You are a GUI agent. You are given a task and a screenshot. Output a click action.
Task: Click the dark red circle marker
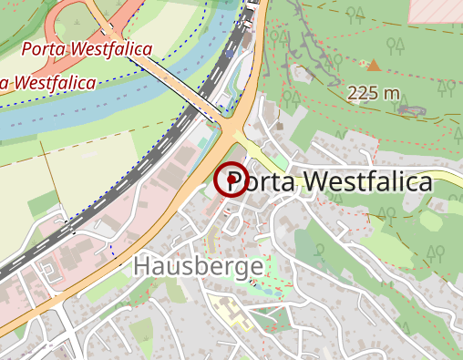point(231,180)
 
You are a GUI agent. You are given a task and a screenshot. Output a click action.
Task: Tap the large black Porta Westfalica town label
point(338,182)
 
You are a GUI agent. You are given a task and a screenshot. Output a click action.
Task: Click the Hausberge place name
point(198,266)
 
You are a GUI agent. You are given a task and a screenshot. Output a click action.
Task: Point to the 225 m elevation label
point(374,93)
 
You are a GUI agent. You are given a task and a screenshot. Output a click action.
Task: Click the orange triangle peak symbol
point(373,64)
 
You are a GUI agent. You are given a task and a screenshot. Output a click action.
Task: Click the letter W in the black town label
point(314,182)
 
